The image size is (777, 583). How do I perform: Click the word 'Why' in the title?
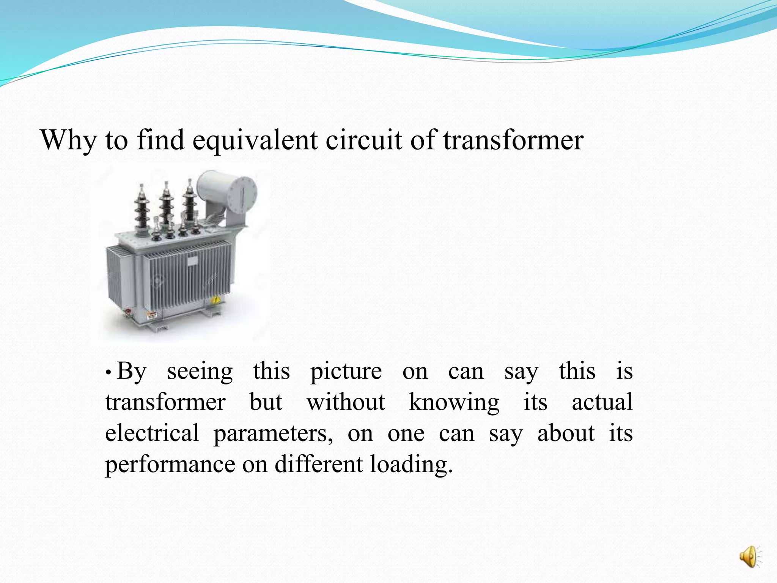click(68, 140)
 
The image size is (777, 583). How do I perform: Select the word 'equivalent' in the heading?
click(255, 140)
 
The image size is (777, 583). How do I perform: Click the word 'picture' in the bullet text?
click(346, 372)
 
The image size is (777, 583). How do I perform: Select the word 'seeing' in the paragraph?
click(200, 372)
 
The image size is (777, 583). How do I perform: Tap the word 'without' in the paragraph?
click(346, 402)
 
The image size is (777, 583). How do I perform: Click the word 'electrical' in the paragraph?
click(152, 433)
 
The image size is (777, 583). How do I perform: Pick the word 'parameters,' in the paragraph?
click(273, 434)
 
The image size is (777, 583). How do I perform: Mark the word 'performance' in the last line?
click(170, 465)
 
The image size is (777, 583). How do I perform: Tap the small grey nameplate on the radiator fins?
click(192, 261)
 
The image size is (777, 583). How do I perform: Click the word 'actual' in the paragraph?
click(602, 402)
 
